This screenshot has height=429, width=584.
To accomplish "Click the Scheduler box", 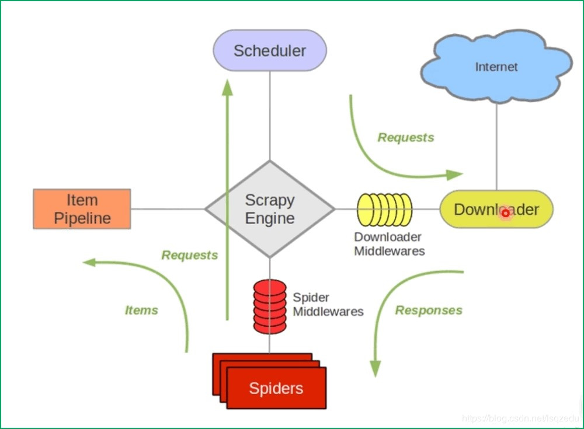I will click(x=269, y=51).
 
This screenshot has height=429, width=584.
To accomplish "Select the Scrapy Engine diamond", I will click(x=269, y=209).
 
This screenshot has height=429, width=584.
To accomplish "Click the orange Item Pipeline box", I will click(x=82, y=209).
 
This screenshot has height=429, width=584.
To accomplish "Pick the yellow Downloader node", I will click(x=496, y=209).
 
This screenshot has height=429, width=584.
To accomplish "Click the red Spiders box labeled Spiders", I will click(x=276, y=388).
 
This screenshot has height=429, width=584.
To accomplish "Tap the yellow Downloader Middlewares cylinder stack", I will click(x=384, y=210).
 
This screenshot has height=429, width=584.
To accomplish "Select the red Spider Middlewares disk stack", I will click(x=269, y=306).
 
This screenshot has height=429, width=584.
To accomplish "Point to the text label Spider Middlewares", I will click(x=328, y=305).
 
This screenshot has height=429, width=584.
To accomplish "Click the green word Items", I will click(x=141, y=311).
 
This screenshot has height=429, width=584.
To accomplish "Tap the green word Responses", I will click(x=429, y=311).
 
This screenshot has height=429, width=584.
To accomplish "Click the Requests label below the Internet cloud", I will click(x=406, y=138).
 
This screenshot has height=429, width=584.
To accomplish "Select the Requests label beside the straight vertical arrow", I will click(x=190, y=255).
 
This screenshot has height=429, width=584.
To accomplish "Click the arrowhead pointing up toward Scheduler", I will click(x=227, y=88).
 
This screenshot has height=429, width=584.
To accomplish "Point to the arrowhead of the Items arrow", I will click(x=89, y=263).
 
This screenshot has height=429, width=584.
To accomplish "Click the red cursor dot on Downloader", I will click(x=505, y=214).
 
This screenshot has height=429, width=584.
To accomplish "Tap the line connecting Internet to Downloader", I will click(x=496, y=146).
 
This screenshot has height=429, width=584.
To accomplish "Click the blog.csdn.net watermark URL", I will click(x=520, y=418).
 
